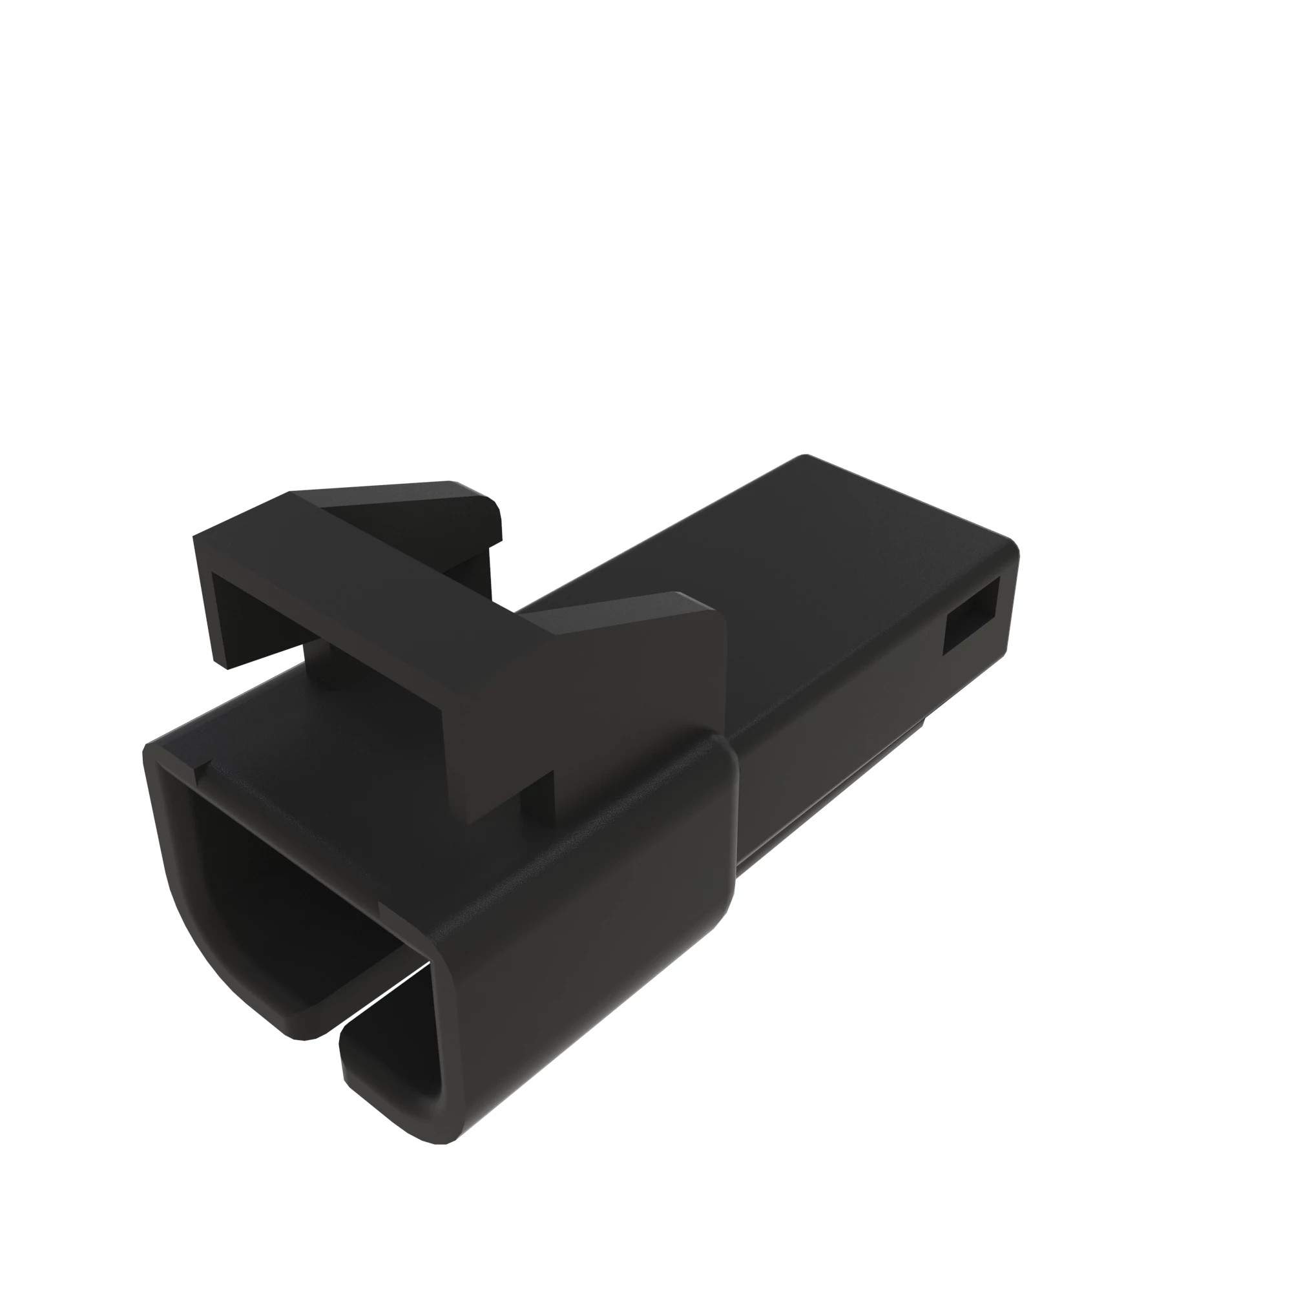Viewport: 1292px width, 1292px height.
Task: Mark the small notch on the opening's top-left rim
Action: [201, 773]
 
